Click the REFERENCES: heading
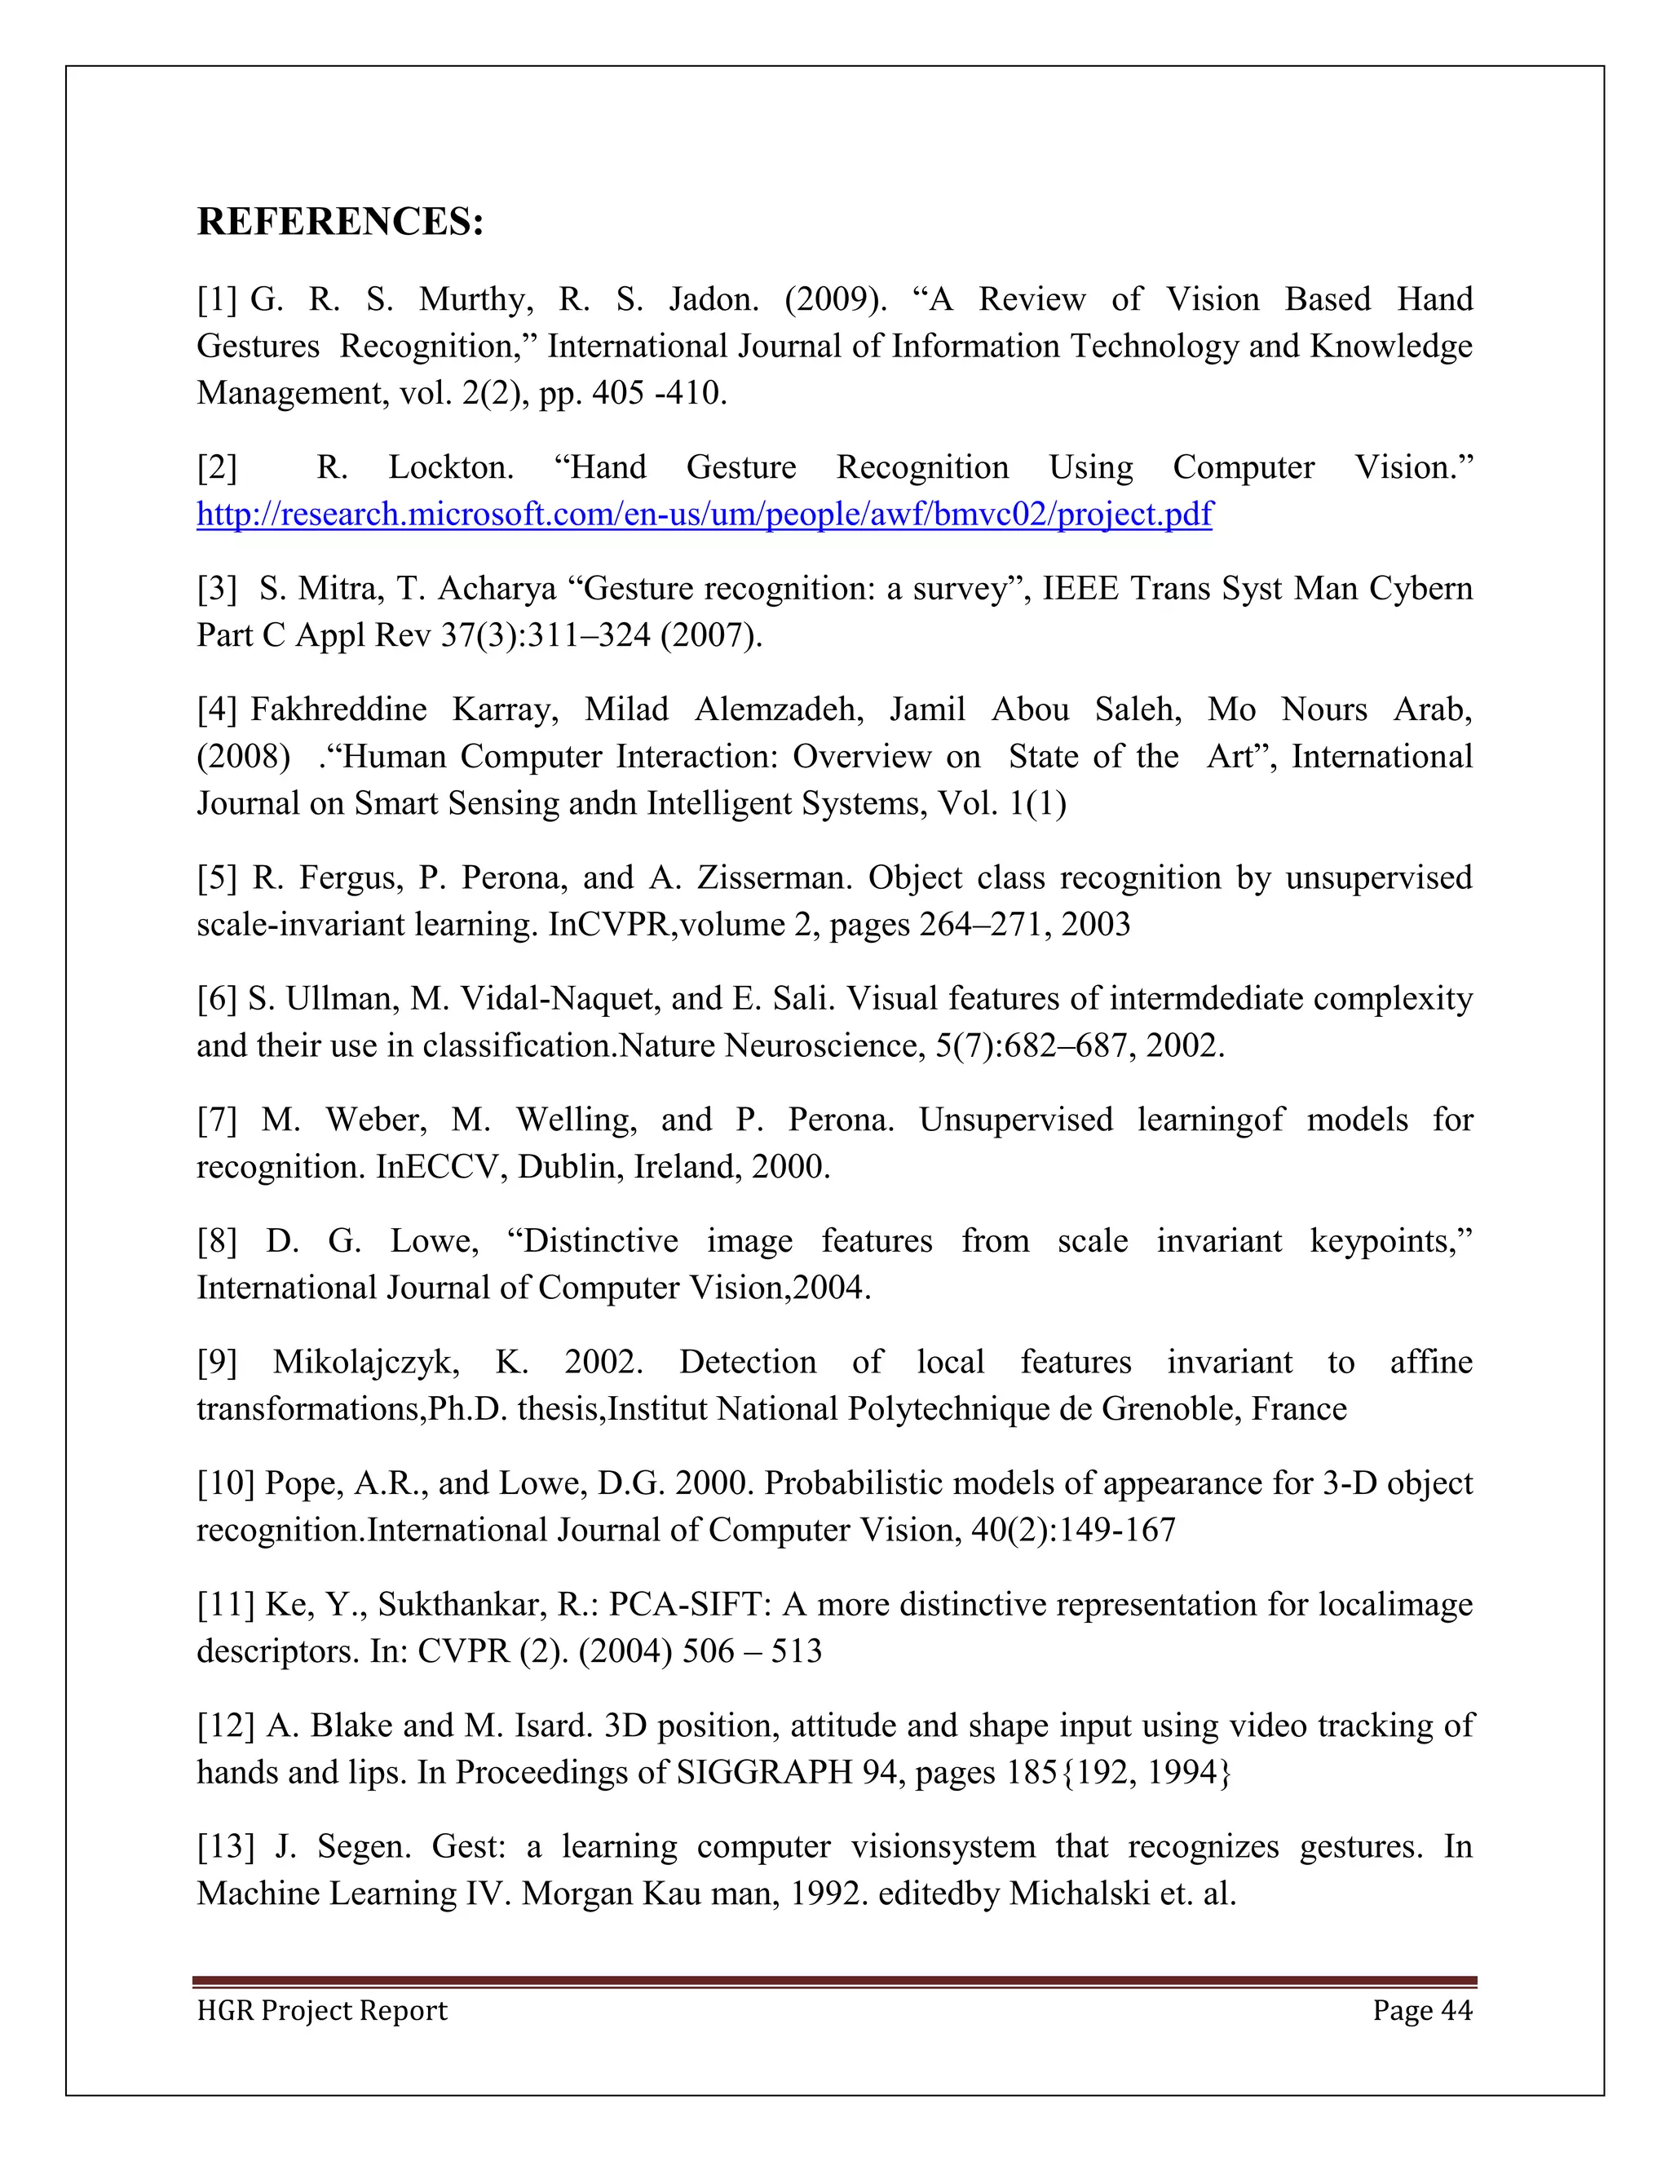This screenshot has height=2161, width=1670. (x=340, y=222)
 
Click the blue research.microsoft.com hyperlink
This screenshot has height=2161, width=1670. (x=704, y=515)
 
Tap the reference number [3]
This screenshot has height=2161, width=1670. (x=217, y=589)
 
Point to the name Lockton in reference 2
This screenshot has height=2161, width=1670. (x=450, y=468)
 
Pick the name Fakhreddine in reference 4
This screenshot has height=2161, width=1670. (x=338, y=709)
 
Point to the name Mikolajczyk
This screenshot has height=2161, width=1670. (x=366, y=1363)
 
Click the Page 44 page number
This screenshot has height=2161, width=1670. (x=1421, y=2011)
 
